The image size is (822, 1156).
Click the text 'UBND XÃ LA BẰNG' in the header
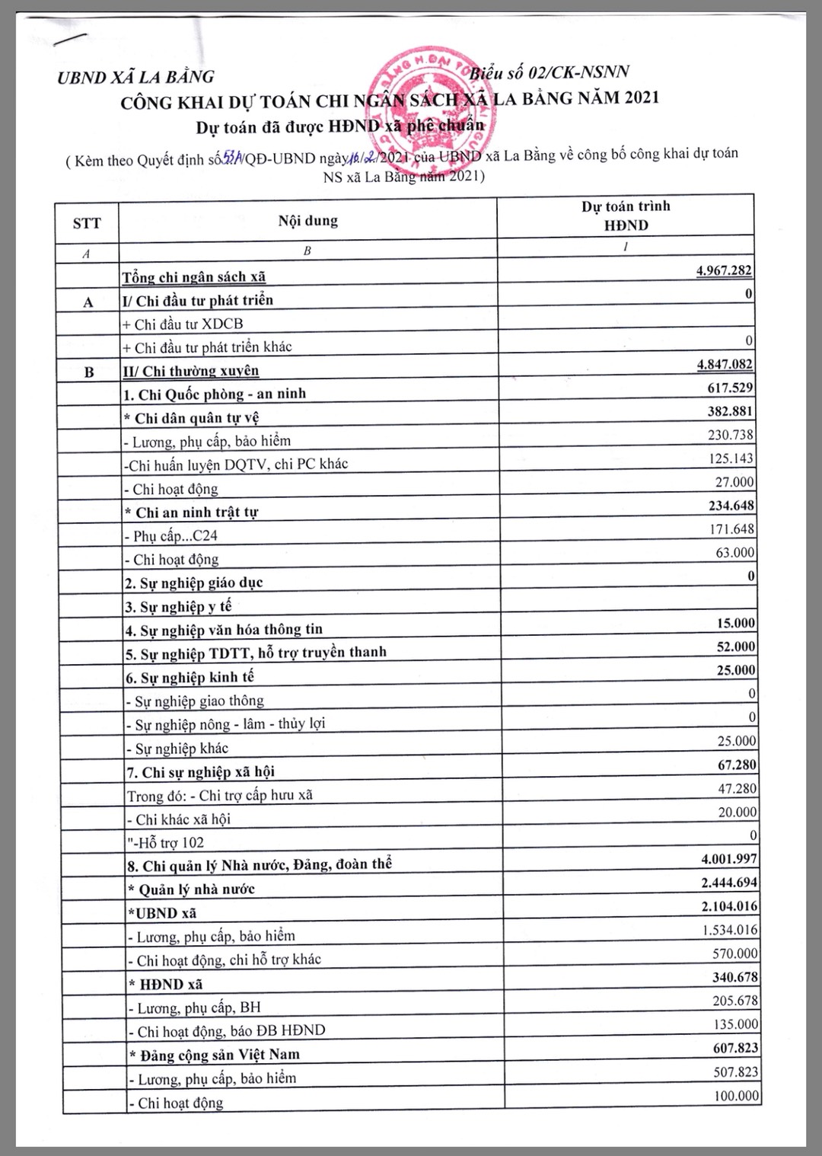135,76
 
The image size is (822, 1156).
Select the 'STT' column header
87,223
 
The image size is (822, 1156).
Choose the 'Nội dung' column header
307,221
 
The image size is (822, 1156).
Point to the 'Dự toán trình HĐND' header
626,216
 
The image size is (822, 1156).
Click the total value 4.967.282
725,271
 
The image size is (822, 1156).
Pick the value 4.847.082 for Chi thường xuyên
725,365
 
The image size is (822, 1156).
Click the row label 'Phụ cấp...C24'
170,536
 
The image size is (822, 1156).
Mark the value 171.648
730,529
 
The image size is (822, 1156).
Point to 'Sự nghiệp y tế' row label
178,607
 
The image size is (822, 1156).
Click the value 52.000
735,647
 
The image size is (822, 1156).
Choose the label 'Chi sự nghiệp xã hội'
200,772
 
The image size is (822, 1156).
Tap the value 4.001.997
729,859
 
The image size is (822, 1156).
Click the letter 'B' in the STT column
89,372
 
